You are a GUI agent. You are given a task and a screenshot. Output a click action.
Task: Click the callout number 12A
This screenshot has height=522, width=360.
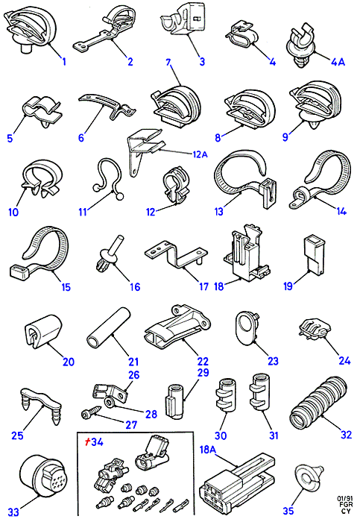pos(200,154)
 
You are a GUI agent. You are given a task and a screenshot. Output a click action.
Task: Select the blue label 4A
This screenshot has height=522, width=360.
pos(338,62)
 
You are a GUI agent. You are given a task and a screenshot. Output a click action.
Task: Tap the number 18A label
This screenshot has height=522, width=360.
pos(208,450)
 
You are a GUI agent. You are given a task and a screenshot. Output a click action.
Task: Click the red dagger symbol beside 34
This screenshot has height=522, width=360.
pos(87,441)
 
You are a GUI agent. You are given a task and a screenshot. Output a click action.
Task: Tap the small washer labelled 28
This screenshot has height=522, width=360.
pos(110,402)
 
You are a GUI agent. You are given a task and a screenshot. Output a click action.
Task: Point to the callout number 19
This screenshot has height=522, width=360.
pos(288,286)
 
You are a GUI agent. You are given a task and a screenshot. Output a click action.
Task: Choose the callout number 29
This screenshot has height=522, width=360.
pos(203,373)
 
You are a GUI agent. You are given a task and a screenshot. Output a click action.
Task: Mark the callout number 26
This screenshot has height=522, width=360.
pos(133,375)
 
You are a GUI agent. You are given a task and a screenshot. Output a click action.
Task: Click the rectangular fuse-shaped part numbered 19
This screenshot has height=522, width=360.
pos(314,255)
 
